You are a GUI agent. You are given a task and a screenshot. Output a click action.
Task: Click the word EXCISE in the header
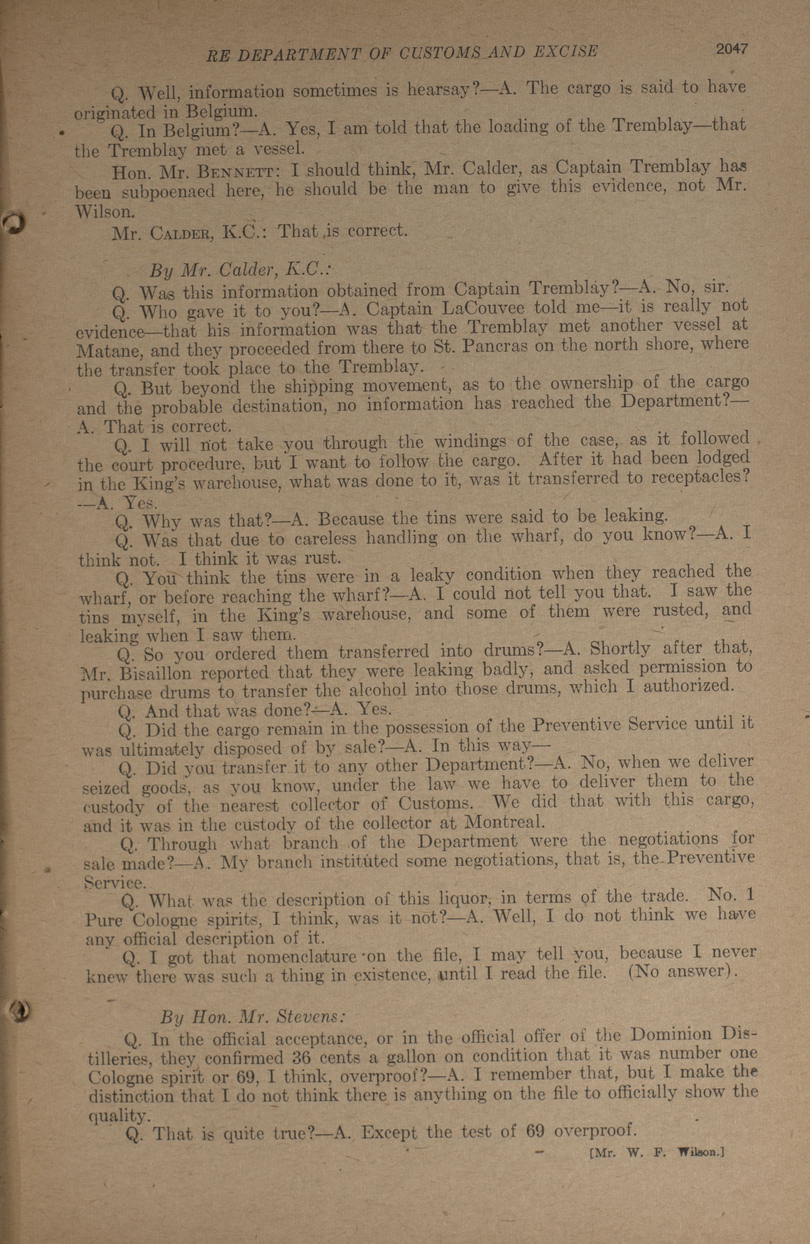tap(565, 51)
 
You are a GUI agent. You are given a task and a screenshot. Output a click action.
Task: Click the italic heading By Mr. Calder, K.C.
tap(240, 270)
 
